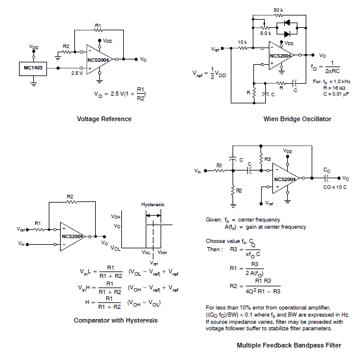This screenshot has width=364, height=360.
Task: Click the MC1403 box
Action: point(33,69)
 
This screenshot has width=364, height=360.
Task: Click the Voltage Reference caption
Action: point(104,119)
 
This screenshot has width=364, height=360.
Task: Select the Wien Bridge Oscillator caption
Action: point(297,119)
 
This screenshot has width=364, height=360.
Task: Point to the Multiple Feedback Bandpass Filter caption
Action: point(290,345)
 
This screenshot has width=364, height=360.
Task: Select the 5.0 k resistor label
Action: point(266,34)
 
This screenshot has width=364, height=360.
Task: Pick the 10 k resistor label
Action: point(242,43)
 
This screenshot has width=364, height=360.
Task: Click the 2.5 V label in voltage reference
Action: point(77,74)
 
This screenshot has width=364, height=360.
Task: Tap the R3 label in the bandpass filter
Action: point(267,160)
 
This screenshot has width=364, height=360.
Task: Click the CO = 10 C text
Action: point(334,188)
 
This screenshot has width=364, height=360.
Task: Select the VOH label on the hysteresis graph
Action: point(116,217)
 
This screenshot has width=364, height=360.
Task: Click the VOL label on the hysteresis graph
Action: point(116,248)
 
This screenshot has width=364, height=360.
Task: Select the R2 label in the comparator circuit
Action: point(70,196)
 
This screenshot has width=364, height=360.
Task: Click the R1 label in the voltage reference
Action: point(99,26)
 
